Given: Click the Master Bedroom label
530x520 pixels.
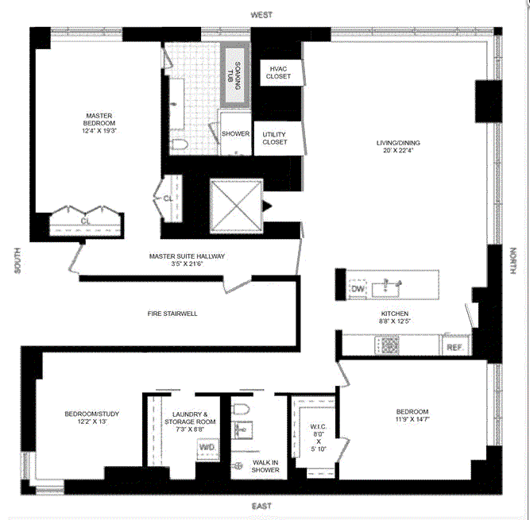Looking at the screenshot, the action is (x=99, y=120).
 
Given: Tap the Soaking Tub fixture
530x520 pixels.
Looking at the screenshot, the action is (x=235, y=75).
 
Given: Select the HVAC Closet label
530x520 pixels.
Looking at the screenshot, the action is (x=278, y=72).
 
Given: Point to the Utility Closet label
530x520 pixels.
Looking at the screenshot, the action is (x=275, y=138).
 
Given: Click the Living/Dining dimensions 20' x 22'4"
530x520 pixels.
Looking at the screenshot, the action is (x=398, y=151).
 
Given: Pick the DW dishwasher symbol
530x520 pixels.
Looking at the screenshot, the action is (x=358, y=289).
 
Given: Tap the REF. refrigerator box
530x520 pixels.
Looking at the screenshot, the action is (x=455, y=346).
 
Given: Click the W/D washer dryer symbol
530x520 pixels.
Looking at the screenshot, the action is (x=207, y=449).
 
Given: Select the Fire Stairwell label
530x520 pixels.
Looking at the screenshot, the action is (x=172, y=314).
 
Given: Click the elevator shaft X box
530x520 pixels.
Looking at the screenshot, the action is (x=236, y=206).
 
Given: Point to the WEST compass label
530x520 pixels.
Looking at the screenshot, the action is (x=261, y=15).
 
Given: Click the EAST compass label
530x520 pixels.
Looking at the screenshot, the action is (x=261, y=506).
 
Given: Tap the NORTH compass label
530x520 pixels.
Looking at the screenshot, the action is (x=513, y=260).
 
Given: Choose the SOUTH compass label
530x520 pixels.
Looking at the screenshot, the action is (x=17, y=260).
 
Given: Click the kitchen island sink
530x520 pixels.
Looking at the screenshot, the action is (x=386, y=290).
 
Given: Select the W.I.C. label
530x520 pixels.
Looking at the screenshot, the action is (x=319, y=427).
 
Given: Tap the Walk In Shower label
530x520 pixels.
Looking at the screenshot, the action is (x=265, y=466).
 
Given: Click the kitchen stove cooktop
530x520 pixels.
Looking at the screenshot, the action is (x=387, y=345).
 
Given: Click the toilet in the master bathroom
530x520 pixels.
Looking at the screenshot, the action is (x=179, y=144).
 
